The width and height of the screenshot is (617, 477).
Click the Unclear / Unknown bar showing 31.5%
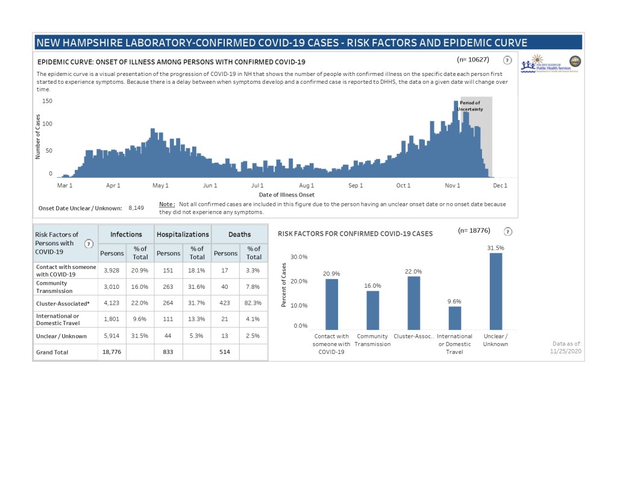pos(495,291)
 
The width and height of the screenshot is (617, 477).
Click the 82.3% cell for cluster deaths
pos(254,303)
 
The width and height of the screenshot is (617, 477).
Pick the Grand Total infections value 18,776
pos(111,352)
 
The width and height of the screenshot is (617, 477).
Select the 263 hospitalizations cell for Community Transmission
pos(168,286)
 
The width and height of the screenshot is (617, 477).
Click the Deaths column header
pos(239,234)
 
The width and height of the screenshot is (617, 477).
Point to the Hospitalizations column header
pos(183,234)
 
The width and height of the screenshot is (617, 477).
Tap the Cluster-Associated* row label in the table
pos(63,303)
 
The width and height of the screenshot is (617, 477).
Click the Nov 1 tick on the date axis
pos(452,186)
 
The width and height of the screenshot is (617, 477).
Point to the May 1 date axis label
pos(160,186)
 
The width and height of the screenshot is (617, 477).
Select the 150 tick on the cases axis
pos(47,101)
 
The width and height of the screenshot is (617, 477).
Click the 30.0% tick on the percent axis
pos(299,257)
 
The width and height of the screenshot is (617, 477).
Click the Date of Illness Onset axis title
pos(286,195)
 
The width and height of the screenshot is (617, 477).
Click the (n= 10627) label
pos(472,60)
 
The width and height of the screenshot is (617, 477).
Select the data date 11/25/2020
pos(566,351)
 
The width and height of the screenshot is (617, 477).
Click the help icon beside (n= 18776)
pos(507,231)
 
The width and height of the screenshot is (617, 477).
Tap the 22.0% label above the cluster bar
pos(413,271)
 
